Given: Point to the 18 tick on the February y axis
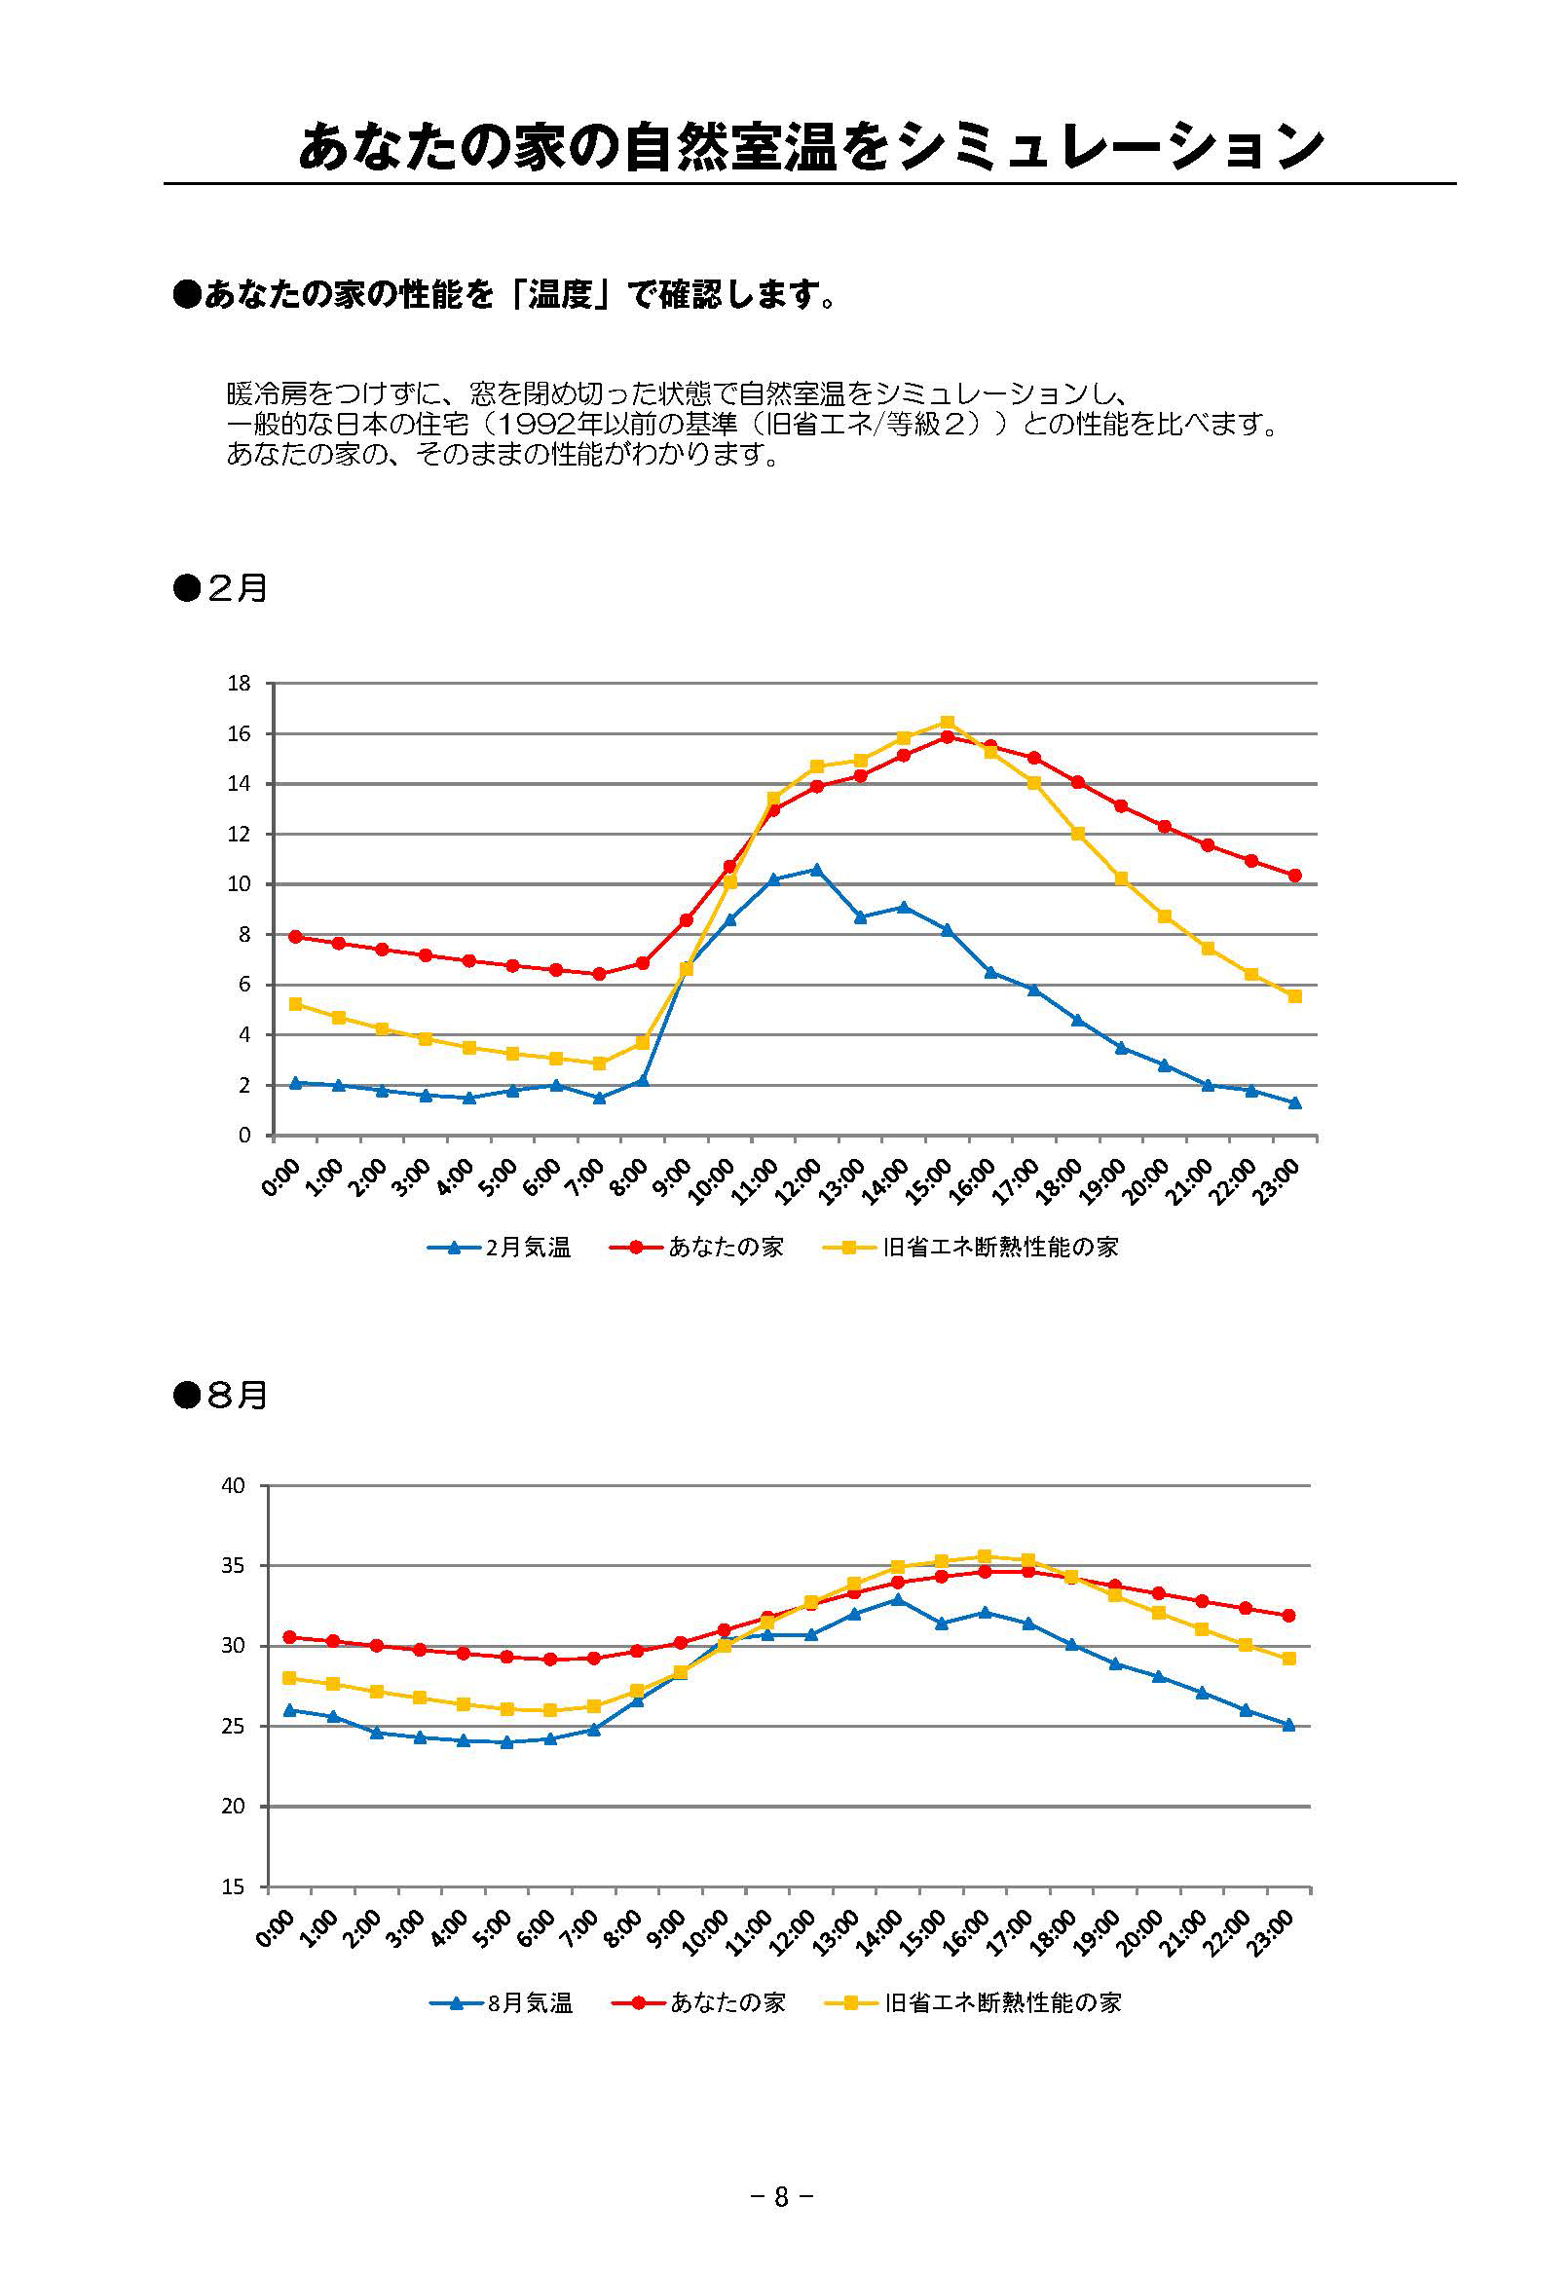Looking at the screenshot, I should [x=239, y=683].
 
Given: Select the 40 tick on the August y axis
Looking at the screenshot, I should [x=233, y=1485].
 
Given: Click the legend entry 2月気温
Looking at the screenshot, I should [x=527, y=1247].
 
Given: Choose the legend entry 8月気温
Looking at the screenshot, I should [x=529, y=2002].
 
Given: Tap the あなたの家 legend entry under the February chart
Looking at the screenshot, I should [x=726, y=1247].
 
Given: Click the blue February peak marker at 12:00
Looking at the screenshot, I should [x=816, y=869].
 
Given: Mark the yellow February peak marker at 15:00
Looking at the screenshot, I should [x=947, y=722].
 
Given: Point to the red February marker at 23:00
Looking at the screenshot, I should [x=1294, y=876].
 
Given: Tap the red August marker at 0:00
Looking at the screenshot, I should [x=289, y=1636].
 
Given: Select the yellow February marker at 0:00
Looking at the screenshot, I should [x=295, y=1003].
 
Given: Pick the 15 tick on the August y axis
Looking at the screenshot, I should [x=233, y=1886].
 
